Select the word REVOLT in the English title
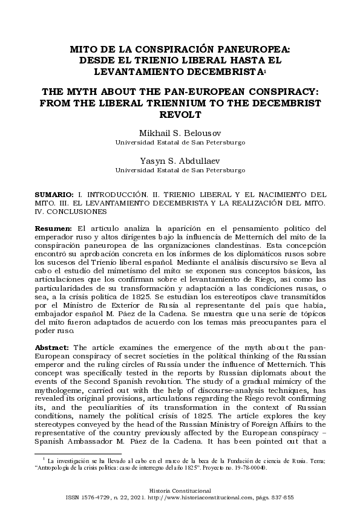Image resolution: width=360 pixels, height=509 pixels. [180, 115]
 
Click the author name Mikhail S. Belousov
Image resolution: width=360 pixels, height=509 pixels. [180, 132]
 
